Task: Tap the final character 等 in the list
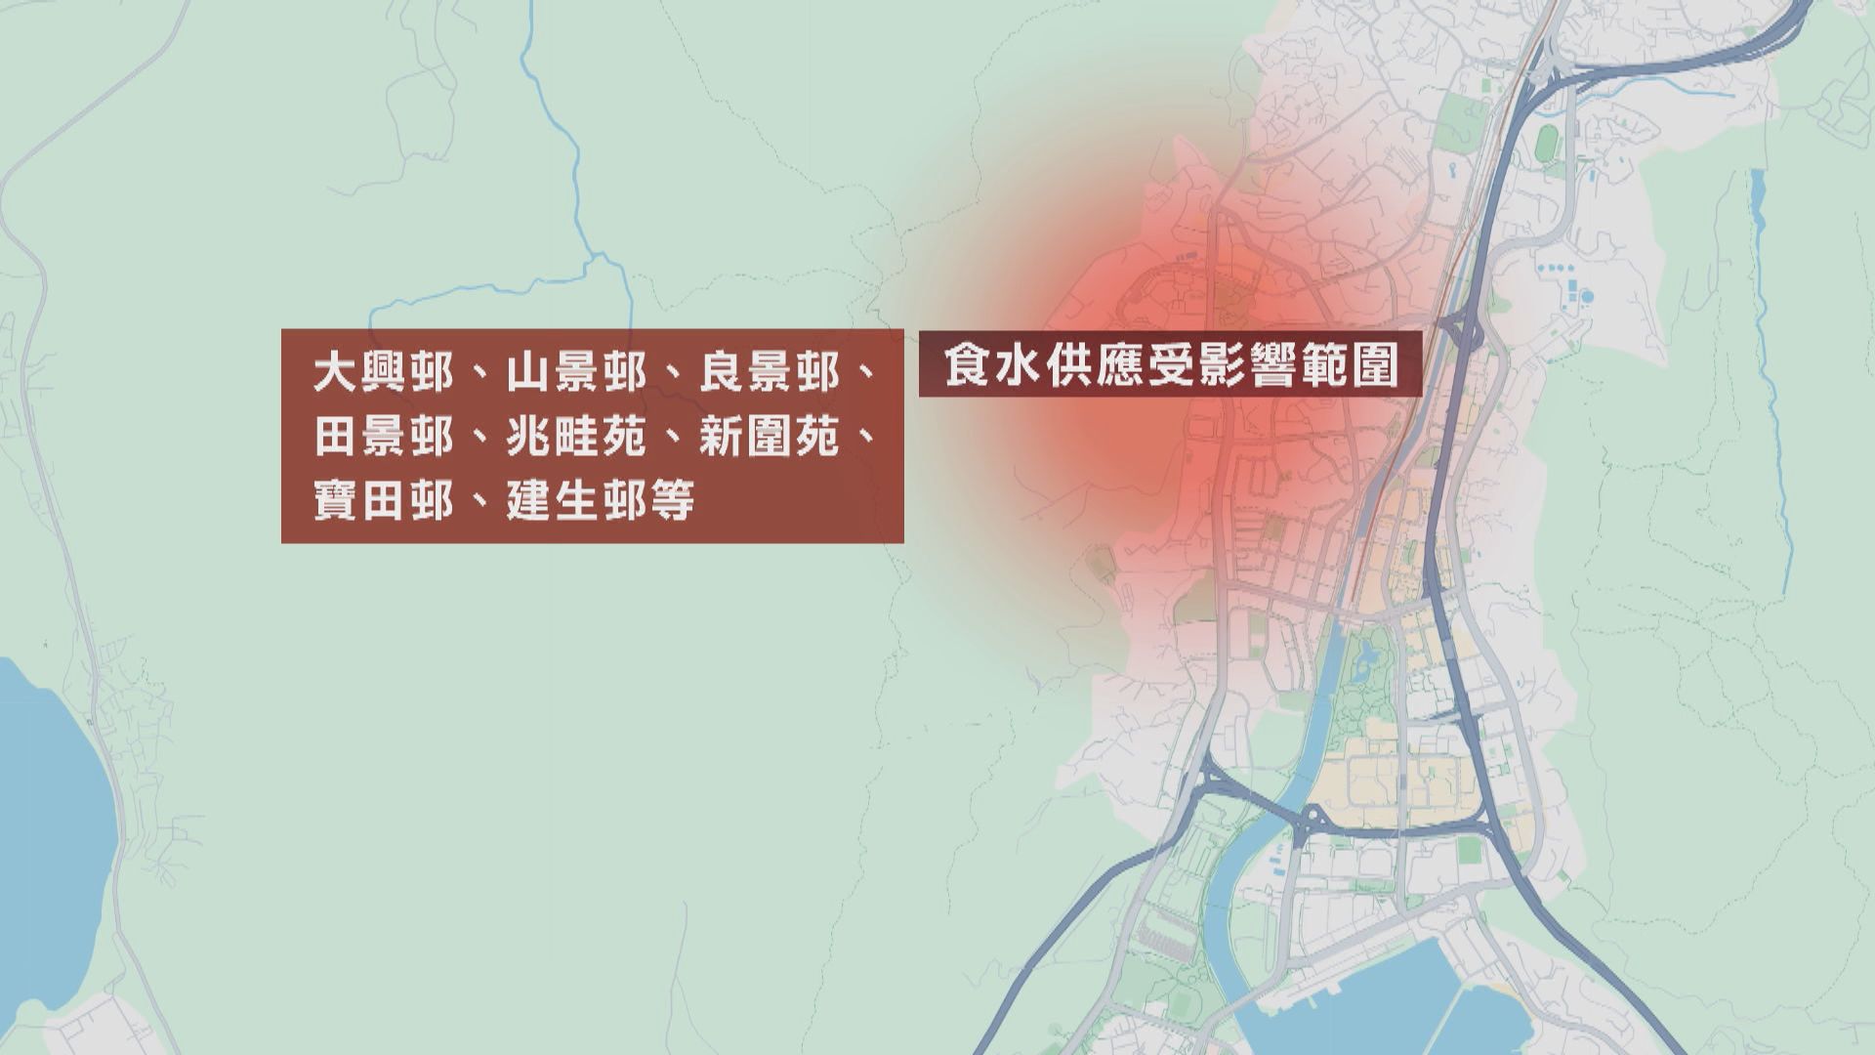pyautogui.click(x=672, y=501)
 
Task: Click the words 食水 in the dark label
pyautogui.click(x=988, y=367)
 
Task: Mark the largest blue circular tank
pyautogui.click(x=1587, y=295)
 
